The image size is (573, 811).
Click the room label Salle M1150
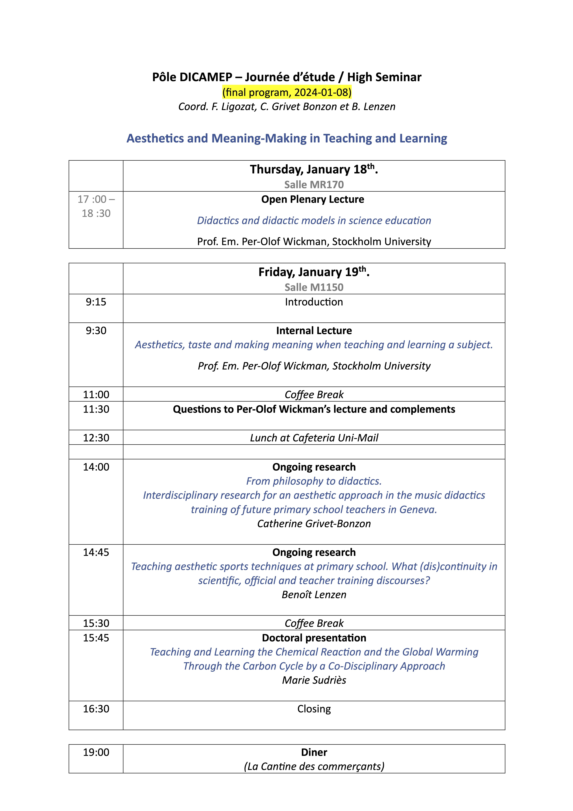click(314, 287)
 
